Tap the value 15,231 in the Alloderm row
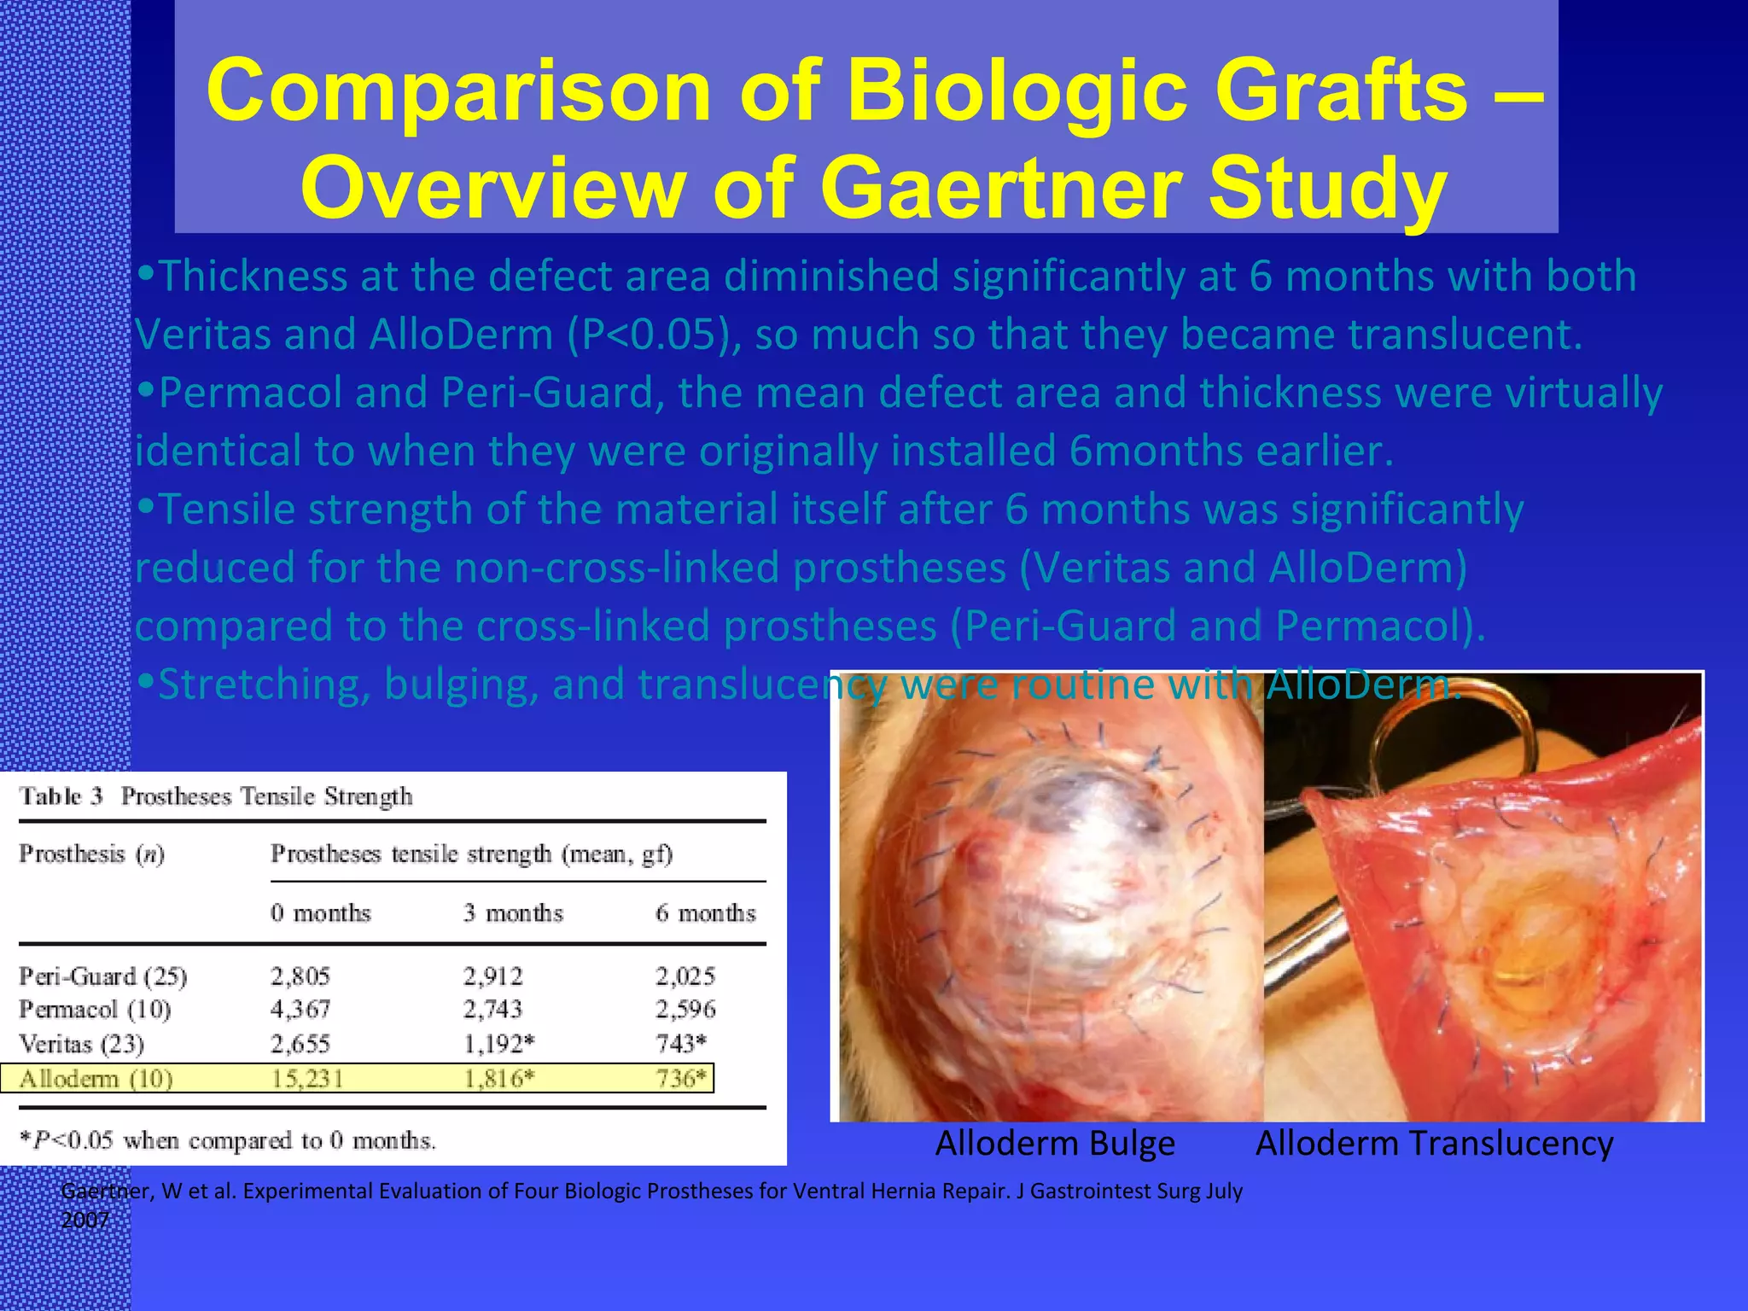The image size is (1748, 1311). (307, 1079)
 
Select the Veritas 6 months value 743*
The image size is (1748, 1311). (681, 1043)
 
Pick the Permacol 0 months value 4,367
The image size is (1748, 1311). (300, 1009)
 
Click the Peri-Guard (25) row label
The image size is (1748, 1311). (103, 976)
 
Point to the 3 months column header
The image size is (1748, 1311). (513, 913)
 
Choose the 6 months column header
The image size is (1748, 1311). (705, 913)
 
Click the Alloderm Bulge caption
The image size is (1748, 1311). (1055, 1143)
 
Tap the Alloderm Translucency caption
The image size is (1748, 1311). (1434, 1143)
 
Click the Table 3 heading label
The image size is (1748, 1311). (61, 796)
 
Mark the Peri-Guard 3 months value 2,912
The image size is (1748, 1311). (492, 976)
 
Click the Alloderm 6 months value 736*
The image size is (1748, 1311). (681, 1079)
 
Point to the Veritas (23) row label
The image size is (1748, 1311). (82, 1043)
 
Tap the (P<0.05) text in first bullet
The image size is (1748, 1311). (650, 335)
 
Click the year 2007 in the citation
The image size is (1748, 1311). (85, 1220)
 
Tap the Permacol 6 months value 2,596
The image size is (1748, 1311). (685, 1009)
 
